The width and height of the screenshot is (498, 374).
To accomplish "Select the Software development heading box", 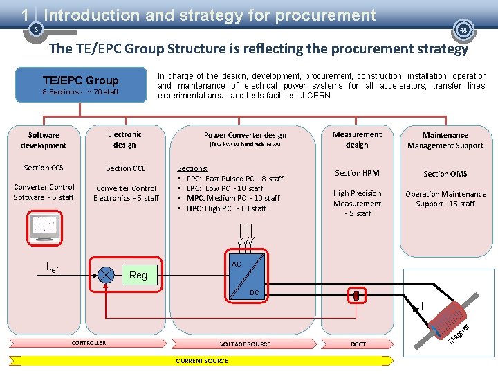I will click(44, 140).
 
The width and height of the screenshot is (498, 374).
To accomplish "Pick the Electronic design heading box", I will click(125, 139).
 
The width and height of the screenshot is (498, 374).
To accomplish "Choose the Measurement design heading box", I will click(357, 139).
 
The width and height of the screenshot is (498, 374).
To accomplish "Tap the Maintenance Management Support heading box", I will click(445, 140).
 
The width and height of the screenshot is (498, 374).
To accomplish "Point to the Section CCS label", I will click(44, 168).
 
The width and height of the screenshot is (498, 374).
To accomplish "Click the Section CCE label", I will click(126, 168).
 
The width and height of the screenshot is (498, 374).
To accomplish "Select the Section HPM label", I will click(357, 173).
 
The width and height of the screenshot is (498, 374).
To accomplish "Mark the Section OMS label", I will click(445, 174).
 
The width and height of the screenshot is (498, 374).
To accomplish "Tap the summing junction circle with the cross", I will click(106, 274).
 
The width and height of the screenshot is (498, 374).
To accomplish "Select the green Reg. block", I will click(140, 275).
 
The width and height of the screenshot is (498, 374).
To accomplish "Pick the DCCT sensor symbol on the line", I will click(357, 296).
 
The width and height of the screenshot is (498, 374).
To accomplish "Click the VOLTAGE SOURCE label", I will click(245, 344).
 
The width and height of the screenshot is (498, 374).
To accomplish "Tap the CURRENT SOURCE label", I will click(202, 361).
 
